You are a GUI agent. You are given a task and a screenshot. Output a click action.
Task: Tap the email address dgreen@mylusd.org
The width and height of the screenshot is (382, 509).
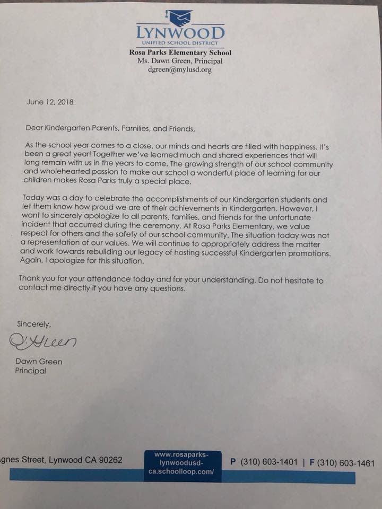[180, 69]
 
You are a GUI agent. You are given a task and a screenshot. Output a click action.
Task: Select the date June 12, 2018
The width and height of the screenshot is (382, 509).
[50, 102]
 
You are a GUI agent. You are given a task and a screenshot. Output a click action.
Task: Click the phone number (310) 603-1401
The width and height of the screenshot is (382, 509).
[268, 462]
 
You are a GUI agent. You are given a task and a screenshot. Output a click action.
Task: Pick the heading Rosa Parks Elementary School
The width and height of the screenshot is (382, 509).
[180, 53]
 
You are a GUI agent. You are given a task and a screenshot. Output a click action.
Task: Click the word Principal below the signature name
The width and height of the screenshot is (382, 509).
[30, 371]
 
